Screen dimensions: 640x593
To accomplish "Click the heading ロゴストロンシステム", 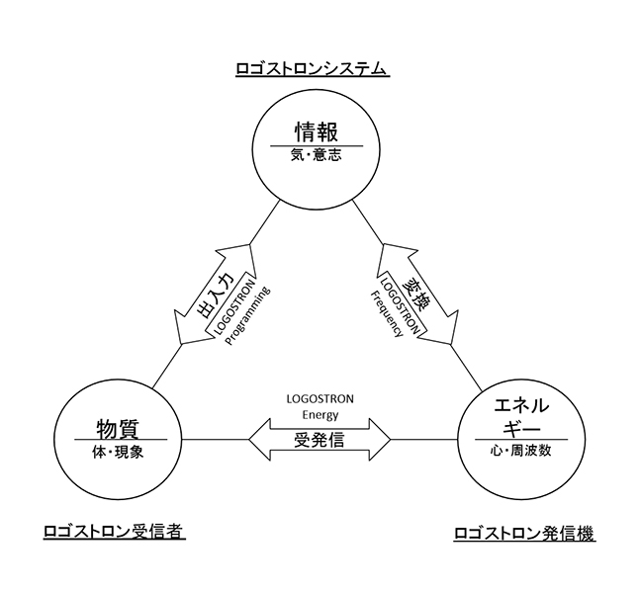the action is [313, 68].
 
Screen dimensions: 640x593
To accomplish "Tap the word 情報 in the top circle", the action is [317, 131].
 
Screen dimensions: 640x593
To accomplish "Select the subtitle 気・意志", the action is [316, 155].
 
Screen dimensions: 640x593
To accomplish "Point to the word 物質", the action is [119, 428].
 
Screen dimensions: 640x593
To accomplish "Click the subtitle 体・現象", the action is [119, 452].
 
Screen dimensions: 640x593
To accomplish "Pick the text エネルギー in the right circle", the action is [521, 417].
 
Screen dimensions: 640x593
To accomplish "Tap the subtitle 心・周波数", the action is [521, 451].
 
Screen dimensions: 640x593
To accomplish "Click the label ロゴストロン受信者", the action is [115, 532].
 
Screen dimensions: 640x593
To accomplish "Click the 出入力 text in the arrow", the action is [216, 295].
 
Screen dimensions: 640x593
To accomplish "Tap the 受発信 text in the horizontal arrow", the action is [320, 440].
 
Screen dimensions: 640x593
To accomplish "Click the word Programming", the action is [247, 316].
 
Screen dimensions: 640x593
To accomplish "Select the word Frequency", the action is [387, 313].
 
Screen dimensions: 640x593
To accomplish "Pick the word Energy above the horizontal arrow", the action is [320, 415].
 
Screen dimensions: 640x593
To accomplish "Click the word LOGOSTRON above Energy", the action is [320, 398].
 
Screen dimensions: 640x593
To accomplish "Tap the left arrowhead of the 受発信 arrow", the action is [259, 439].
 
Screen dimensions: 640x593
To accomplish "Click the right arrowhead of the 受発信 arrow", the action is [380, 439].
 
